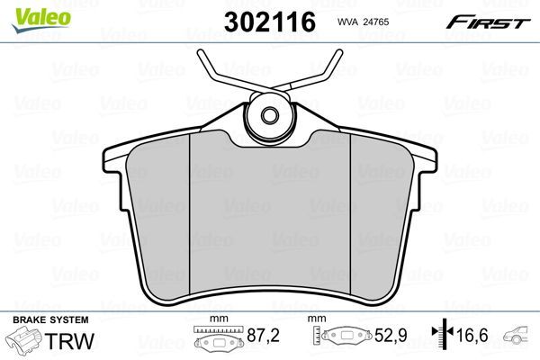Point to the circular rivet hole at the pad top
point(270,114)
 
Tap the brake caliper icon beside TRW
point(24,343)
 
